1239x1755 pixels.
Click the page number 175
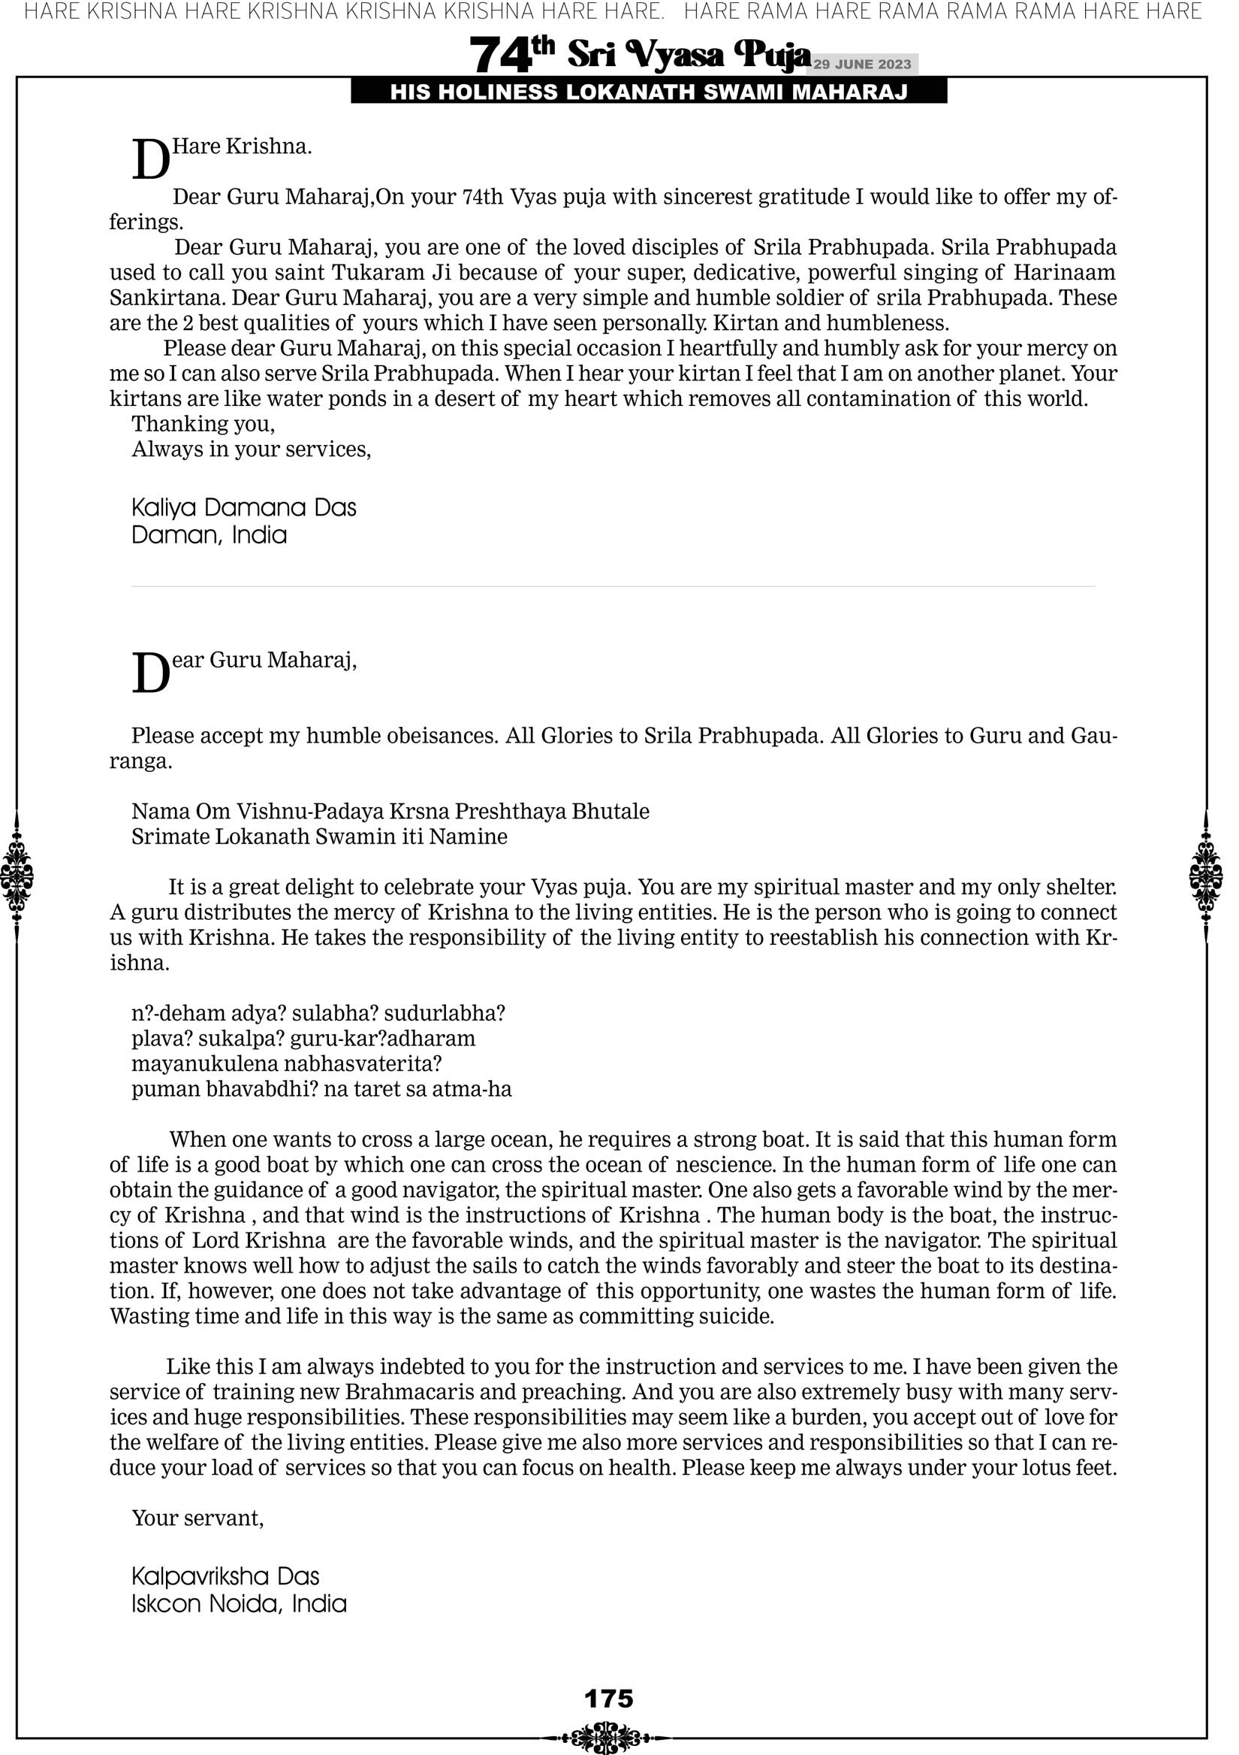[x=609, y=1699]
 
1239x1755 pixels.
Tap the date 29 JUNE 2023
[x=862, y=64]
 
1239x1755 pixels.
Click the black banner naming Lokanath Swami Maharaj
[x=649, y=92]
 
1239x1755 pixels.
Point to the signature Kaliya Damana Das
[x=244, y=507]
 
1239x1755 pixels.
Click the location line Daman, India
[x=210, y=535]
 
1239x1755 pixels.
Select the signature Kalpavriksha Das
[x=225, y=1576]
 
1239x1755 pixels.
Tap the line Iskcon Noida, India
[x=239, y=1604]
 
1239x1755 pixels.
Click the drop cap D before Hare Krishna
[x=150, y=160]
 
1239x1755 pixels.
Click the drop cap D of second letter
[x=150, y=673]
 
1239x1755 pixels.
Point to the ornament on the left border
[x=17, y=876]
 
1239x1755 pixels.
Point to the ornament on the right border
[x=1206, y=876]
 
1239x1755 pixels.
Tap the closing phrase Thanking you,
[x=203, y=424]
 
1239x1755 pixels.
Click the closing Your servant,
[x=197, y=1518]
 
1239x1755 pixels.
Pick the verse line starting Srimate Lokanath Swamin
[x=319, y=837]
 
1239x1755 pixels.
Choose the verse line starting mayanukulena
[x=286, y=1064]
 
